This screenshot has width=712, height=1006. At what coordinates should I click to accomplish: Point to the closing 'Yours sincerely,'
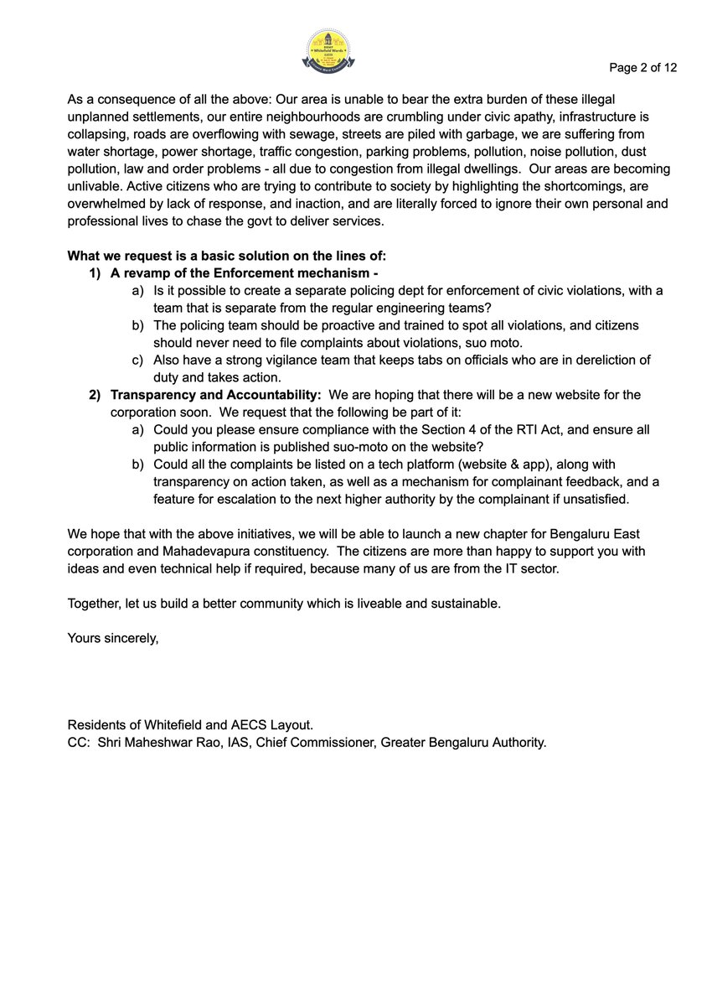click(113, 638)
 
